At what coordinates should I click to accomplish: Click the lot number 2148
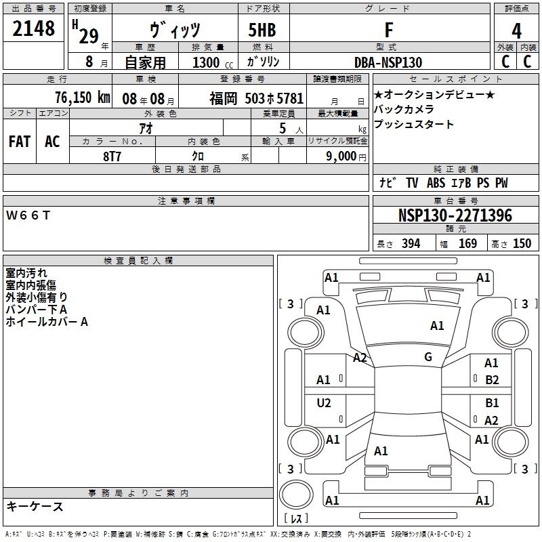tap(33, 28)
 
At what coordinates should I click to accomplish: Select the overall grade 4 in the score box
tap(516, 31)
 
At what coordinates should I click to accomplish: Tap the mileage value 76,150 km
tap(83, 98)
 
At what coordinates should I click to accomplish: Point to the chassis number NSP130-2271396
tap(455, 215)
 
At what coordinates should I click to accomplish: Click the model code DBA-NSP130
tap(388, 62)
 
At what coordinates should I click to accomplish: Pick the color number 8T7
tap(112, 157)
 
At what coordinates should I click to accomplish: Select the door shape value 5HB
tap(262, 30)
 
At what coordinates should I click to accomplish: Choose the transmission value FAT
tap(20, 142)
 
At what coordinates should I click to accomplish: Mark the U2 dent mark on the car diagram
tap(324, 402)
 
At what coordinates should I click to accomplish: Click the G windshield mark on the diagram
tap(428, 357)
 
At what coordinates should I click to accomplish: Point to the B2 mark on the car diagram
tap(492, 380)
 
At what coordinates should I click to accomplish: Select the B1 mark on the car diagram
tap(492, 402)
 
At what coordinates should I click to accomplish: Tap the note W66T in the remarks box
tap(28, 215)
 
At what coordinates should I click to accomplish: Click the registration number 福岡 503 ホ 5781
tap(257, 98)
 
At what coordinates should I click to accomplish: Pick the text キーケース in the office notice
tap(35, 506)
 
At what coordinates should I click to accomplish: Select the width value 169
tap(467, 243)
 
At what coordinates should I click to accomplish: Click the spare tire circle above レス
tap(296, 480)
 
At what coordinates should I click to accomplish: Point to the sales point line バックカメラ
tap(404, 109)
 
